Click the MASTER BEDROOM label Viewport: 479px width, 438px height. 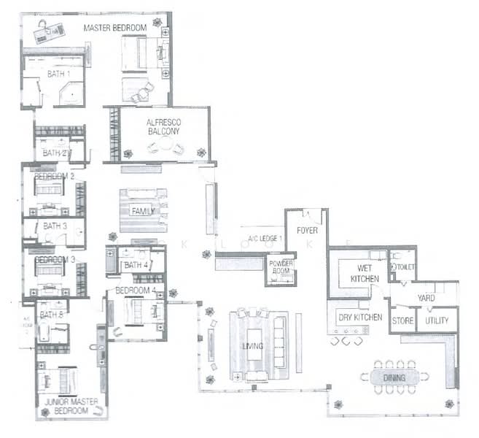click(115, 28)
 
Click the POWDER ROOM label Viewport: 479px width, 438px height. click(281, 267)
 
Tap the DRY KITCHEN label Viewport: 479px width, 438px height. click(359, 318)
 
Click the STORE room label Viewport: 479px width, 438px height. click(402, 320)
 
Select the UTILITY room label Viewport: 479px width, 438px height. click(437, 320)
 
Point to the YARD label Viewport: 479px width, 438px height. click(426, 299)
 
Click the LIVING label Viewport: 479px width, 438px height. click(253, 345)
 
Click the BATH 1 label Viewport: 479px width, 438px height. click(58, 74)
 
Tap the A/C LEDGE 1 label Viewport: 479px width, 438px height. click(264, 239)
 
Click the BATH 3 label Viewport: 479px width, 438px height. click(55, 226)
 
